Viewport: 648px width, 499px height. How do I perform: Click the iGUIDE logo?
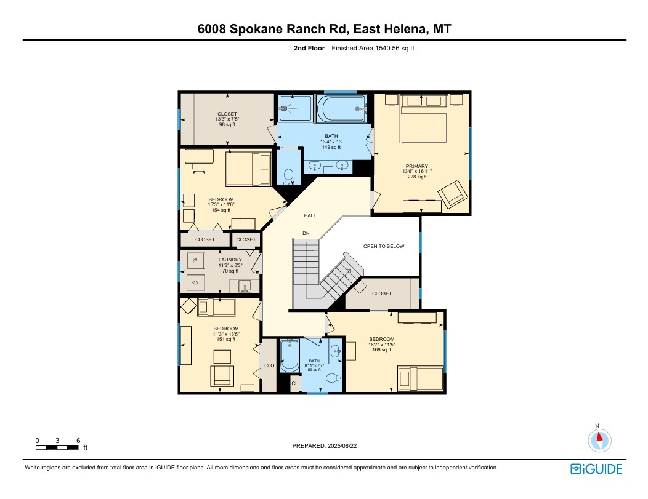[x=596, y=469]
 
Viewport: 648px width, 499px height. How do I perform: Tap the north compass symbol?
[x=600, y=440]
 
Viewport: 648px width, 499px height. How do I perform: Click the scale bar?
[x=57, y=447]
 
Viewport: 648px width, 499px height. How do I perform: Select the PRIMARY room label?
[x=416, y=166]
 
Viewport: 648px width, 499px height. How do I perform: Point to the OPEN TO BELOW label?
[x=384, y=246]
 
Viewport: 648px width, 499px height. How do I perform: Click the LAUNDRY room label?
[x=230, y=260]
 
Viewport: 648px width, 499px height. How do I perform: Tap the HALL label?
[x=310, y=215]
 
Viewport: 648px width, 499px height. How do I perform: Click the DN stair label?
[x=306, y=233]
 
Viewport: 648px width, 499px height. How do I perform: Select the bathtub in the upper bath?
[x=341, y=109]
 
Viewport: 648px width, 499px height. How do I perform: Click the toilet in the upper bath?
[x=288, y=176]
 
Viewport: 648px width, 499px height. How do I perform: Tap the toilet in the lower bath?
[x=333, y=377]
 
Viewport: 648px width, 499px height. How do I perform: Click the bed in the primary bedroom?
[x=424, y=119]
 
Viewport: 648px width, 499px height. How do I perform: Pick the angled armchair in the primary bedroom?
[x=453, y=194]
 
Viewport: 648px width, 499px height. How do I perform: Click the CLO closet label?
[x=269, y=365]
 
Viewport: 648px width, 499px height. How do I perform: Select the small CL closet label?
[x=294, y=383]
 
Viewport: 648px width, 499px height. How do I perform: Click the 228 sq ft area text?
[x=417, y=177]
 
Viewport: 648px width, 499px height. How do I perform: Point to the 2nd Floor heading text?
[x=309, y=48]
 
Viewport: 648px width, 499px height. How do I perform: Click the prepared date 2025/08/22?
[x=342, y=445]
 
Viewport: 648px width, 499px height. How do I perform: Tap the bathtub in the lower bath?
[x=290, y=356]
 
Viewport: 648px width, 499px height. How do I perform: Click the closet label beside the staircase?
[x=381, y=293]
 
